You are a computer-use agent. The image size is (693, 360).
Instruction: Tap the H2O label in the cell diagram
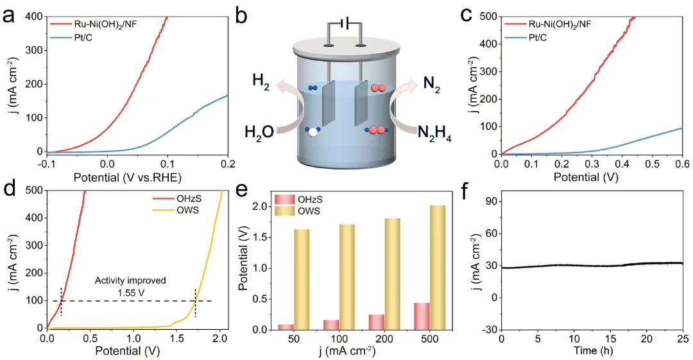[259, 132]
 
